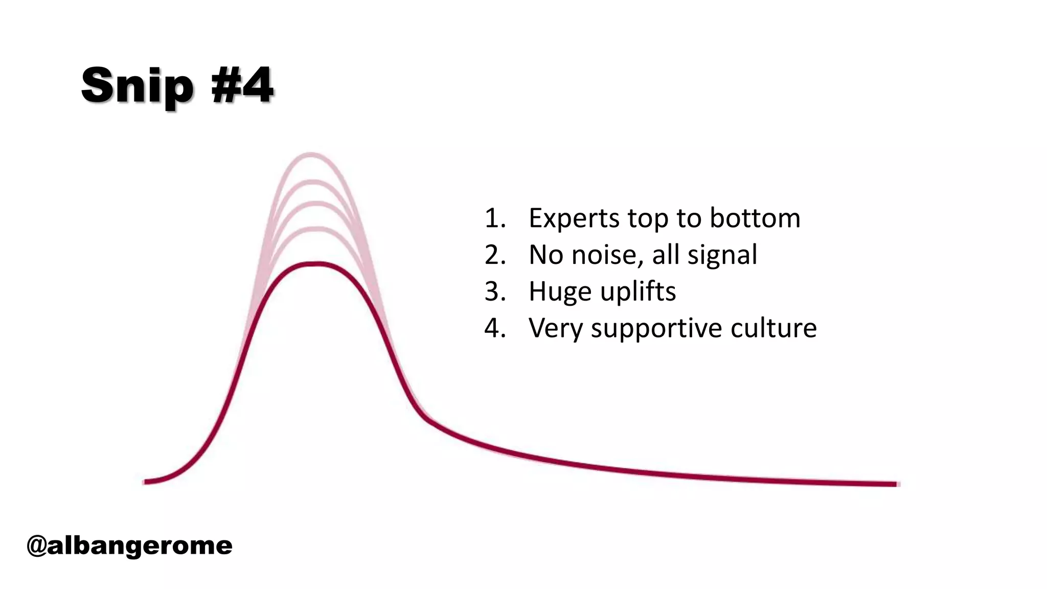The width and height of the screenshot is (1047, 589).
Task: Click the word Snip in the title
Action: click(137, 86)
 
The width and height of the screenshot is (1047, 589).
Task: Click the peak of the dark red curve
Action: click(317, 264)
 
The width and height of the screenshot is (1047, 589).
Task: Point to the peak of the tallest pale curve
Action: click(311, 153)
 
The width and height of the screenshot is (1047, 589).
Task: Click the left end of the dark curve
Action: click(146, 481)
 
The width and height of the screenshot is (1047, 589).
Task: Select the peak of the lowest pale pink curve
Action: click(317, 229)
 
